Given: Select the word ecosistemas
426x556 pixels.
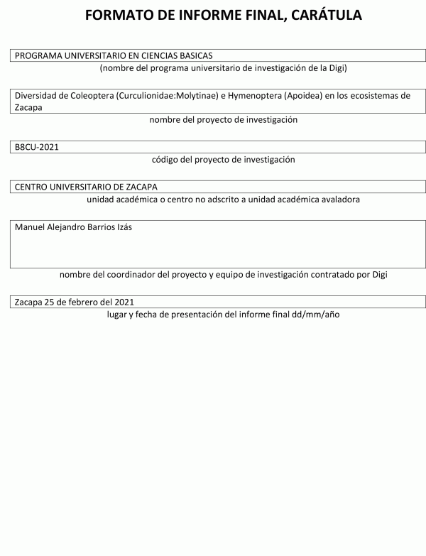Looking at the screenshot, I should click(x=383, y=96).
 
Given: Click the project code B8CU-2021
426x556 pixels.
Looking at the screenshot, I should click(x=37, y=147).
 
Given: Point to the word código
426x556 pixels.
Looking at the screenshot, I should click(x=166, y=160).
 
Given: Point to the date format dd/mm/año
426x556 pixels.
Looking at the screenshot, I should click(x=315, y=314).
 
